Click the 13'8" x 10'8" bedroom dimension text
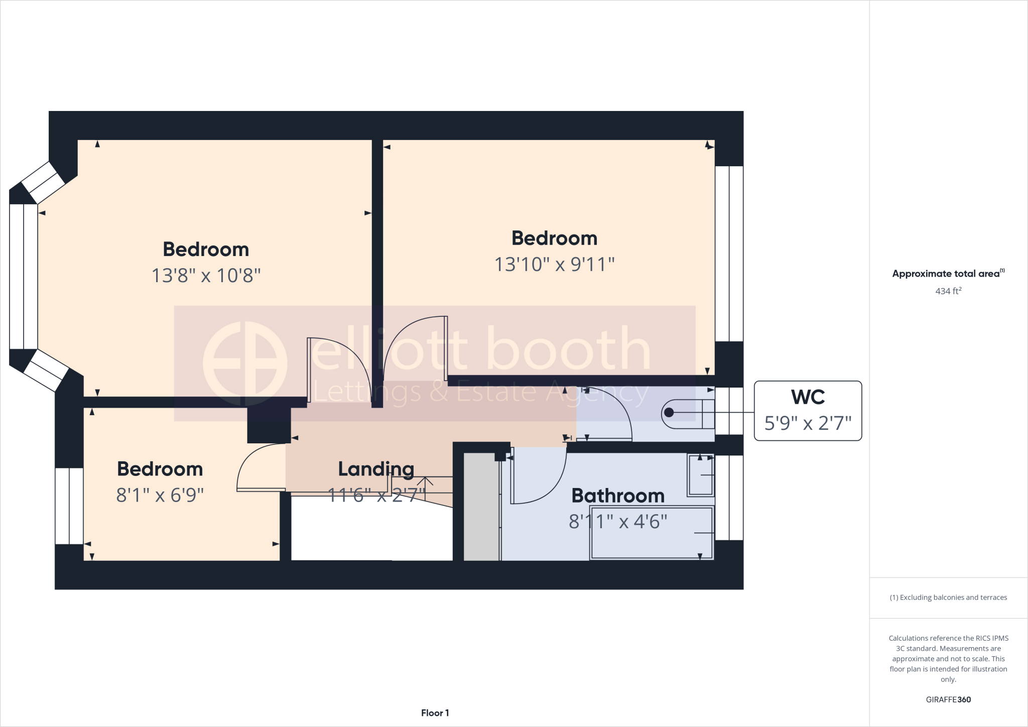point(206,276)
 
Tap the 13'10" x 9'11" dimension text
point(554,265)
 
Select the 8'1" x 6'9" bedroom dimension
point(160,495)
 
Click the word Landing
point(376,469)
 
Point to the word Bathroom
point(618,496)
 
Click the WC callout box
point(808,411)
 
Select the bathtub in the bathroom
point(652,533)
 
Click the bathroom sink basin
point(701,474)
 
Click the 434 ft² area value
point(948,291)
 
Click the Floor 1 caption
point(435,713)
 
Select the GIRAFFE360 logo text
point(948,699)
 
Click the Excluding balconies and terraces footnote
point(948,597)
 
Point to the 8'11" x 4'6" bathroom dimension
point(618,522)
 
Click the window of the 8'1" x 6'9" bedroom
point(69,506)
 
